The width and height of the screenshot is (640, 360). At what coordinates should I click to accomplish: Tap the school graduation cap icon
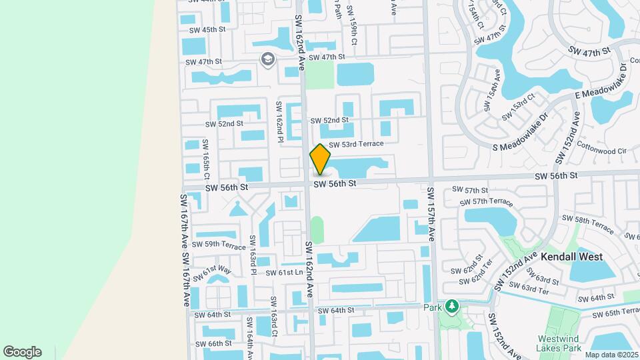(x=267, y=60)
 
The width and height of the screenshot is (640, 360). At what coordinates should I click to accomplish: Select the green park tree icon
(x=452, y=306)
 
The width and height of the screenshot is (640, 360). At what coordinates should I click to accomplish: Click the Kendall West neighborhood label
(x=571, y=257)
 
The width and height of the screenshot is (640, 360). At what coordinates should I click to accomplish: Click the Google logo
(x=22, y=352)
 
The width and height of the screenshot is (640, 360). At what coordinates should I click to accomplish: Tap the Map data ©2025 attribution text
(x=611, y=354)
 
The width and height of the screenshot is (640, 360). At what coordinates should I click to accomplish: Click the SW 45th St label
(x=207, y=30)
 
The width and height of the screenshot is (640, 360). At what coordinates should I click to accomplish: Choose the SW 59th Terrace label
(x=219, y=245)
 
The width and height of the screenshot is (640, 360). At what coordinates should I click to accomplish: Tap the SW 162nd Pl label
(x=280, y=121)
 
